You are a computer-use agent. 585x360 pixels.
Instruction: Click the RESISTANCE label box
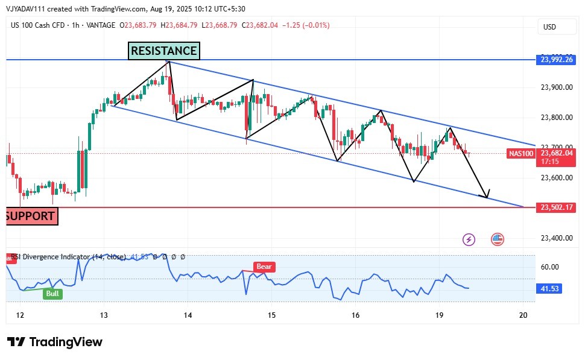(163, 51)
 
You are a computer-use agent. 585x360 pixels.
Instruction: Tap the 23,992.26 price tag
(558, 59)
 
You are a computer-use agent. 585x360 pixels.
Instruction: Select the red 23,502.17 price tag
(558, 207)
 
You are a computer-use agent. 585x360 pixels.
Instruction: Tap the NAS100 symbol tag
(521, 154)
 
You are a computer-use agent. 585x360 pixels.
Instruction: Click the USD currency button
(549, 27)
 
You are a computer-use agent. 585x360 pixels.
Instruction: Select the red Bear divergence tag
(264, 266)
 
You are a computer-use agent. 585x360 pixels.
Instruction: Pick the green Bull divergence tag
(53, 293)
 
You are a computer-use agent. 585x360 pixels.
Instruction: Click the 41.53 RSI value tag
(549, 289)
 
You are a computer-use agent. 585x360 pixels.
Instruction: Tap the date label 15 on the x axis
(271, 315)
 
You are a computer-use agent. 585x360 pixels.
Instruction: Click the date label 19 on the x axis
(439, 315)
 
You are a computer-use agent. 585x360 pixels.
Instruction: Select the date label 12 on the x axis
(20, 315)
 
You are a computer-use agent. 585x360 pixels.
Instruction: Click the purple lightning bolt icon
(469, 239)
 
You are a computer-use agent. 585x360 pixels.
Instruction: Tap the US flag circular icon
(497, 239)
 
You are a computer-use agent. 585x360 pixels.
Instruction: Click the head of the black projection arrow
(487, 195)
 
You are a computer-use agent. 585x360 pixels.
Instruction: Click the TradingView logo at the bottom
(55, 342)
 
